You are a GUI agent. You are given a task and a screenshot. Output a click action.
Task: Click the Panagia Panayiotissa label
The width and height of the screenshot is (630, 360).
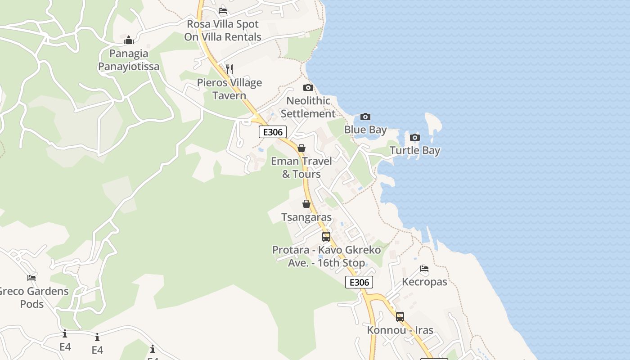[129, 60]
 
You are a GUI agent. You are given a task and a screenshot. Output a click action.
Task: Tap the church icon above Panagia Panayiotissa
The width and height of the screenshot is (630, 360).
[129, 40]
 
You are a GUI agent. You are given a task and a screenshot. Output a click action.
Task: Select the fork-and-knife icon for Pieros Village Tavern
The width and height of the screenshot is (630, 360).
[229, 69]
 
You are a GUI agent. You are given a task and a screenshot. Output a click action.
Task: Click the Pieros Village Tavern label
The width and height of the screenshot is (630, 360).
[229, 89]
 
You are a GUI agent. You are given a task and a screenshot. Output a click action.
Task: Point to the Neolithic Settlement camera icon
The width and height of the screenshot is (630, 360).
[308, 87]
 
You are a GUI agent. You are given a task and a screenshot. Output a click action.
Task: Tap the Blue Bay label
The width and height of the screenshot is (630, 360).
[365, 130]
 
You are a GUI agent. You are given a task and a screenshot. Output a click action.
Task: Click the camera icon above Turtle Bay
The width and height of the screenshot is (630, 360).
[415, 137]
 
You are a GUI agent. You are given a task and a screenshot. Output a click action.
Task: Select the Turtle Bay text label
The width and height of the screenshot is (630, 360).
[415, 150]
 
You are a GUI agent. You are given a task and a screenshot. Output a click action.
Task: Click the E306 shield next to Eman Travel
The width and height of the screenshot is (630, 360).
[273, 132]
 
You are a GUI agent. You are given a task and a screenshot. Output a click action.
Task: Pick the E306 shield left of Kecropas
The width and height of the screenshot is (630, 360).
[359, 282]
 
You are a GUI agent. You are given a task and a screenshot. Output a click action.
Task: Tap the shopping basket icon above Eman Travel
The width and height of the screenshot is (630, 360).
[301, 148]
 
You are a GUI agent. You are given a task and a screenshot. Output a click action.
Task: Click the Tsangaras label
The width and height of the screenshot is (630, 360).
[306, 217]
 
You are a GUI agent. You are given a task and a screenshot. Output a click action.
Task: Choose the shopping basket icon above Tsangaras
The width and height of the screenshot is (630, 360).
[306, 204]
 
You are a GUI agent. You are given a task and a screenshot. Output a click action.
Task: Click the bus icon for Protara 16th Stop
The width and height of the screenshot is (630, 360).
[326, 236]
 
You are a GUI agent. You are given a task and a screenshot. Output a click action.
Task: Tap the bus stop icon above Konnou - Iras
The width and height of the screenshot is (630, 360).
[400, 317]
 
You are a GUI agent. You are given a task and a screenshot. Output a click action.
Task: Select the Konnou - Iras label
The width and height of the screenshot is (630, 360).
[400, 330]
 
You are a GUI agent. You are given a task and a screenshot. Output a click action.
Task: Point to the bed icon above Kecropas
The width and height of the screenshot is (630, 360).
[424, 269]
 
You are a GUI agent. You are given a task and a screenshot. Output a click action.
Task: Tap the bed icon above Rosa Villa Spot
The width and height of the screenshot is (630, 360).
[223, 11]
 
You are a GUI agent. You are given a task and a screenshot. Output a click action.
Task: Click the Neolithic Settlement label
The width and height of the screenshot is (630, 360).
[308, 107]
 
